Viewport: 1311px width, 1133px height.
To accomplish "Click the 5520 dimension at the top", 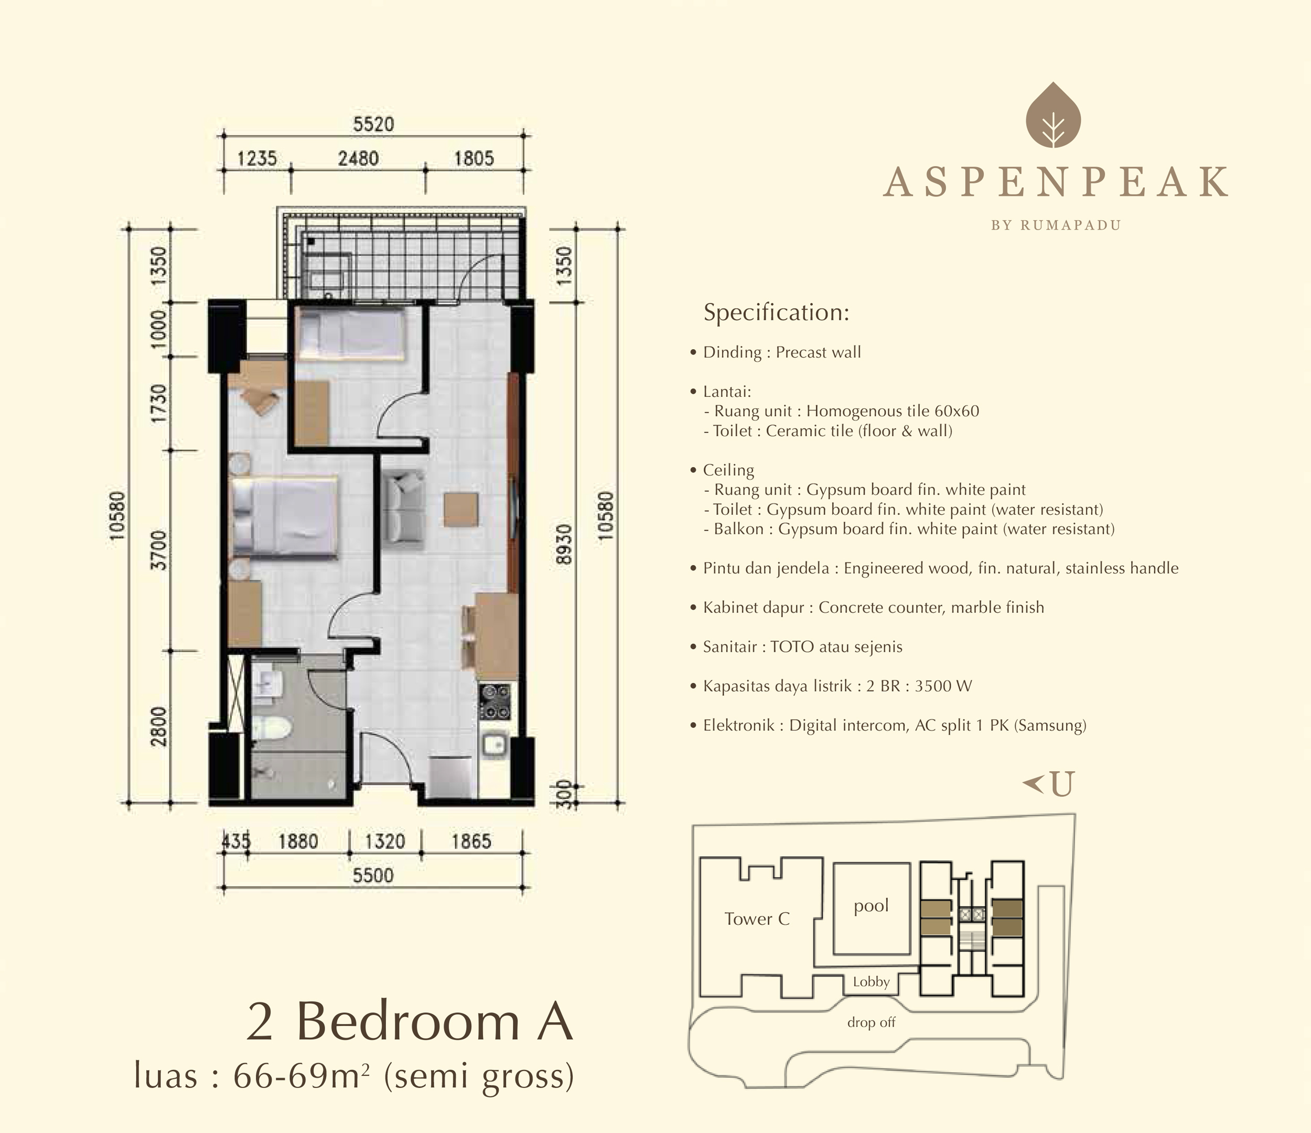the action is pos(373,124).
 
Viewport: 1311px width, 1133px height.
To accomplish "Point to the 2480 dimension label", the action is pos(358,158).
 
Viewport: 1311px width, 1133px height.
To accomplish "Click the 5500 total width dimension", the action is pos(373,876).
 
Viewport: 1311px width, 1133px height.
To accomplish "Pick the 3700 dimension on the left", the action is pos(159,550).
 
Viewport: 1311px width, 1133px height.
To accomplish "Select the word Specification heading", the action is pos(776,312).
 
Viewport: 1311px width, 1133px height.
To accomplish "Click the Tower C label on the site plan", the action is pos(757,919).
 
